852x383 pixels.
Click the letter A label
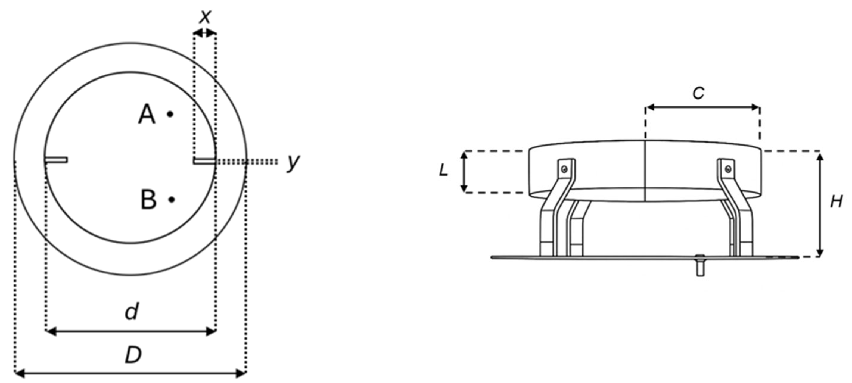[x=147, y=114]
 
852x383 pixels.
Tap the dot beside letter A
[x=170, y=114]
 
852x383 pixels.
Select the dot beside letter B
[x=171, y=199]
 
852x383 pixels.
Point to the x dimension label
[x=205, y=17]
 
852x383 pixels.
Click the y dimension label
[x=293, y=162]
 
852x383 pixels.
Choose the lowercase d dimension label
[x=132, y=311]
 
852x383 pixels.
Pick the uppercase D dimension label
[x=133, y=355]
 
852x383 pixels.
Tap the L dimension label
[x=443, y=170]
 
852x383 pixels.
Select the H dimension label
[x=837, y=201]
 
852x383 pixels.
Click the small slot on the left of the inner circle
[x=56, y=160]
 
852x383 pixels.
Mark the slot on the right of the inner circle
[x=205, y=161]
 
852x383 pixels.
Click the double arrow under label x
[x=205, y=33]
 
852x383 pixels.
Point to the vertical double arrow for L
[x=464, y=171]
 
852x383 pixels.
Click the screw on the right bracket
[x=728, y=169]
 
